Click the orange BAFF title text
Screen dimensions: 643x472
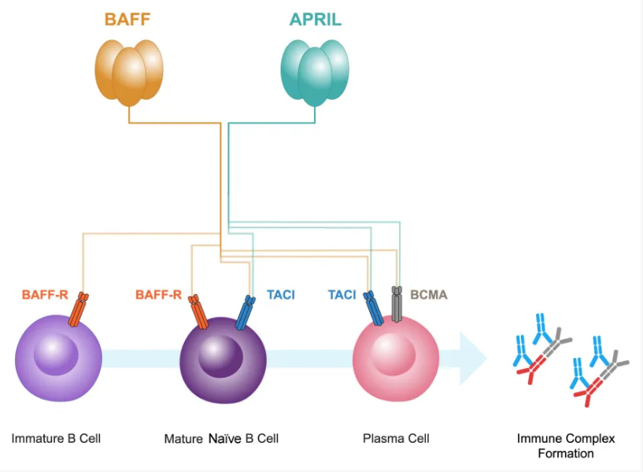pyautogui.click(x=127, y=19)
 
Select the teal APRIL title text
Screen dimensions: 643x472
pyautogui.click(x=316, y=19)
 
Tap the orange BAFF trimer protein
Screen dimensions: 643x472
pyautogui.click(x=129, y=72)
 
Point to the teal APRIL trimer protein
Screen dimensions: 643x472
pyautogui.click(x=315, y=72)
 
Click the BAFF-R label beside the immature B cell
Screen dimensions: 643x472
pyautogui.click(x=45, y=294)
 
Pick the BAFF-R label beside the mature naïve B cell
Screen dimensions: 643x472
pyautogui.click(x=158, y=294)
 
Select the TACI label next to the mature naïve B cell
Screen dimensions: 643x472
pyautogui.click(x=281, y=294)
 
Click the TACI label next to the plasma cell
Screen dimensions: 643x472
pyautogui.click(x=342, y=294)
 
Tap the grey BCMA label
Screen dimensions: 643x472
pyautogui.click(x=428, y=294)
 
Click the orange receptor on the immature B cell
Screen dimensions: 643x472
pyautogui.click(x=79, y=309)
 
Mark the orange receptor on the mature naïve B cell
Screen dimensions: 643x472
pyautogui.click(x=198, y=312)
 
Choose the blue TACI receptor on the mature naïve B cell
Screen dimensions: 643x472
pyautogui.click(x=246, y=312)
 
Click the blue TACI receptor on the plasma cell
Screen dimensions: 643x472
pyautogui.click(x=373, y=308)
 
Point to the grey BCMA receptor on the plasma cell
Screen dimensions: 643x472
pyautogui.click(x=397, y=304)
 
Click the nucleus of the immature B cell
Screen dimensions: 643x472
pyautogui.click(x=56, y=354)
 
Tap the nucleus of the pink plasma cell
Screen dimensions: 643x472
pyautogui.click(x=394, y=354)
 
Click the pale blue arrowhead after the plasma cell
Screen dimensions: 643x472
pyautogui.click(x=473, y=359)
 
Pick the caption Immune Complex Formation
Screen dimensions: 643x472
pyautogui.click(x=566, y=446)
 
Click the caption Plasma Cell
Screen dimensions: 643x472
pyautogui.click(x=396, y=438)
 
